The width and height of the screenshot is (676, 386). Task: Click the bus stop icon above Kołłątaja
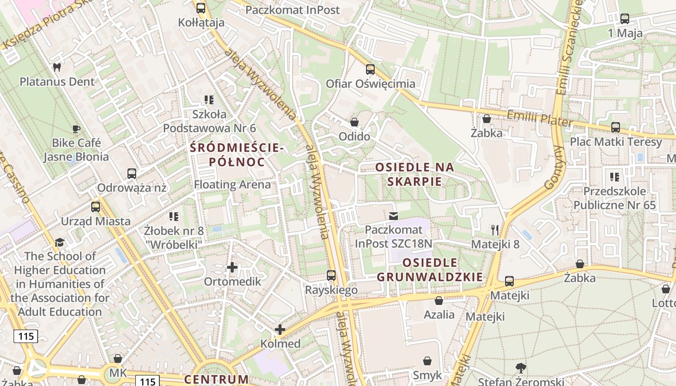click(x=201, y=8)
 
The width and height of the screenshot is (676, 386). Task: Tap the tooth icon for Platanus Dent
click(x=56, y=68)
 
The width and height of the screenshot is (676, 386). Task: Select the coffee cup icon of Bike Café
click(x=76, y=129)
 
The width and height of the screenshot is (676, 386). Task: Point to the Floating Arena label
click(x=232, y=185)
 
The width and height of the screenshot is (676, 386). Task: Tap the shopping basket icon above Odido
click(x=354, y=122)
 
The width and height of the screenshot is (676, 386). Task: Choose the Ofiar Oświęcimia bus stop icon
click(x=370, y=69)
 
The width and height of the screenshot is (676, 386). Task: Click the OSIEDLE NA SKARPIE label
click(x=415, y=174)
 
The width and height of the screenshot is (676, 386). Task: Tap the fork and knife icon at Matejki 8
click(x=495, y=230)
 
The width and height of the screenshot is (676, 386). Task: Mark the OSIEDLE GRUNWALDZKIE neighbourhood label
click(x=430, y=270)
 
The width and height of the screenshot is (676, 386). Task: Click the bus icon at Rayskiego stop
click(x=331, y=276)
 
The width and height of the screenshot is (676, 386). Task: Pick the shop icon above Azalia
click(x=439, y=301)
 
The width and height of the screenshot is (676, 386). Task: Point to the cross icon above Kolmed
click(x=280, y=330)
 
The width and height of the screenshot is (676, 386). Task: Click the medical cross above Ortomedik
click(x=232, y=267)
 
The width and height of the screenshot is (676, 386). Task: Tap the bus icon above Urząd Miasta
click(x=96, y=207)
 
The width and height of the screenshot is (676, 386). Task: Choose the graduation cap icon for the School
click(x=59, y=242)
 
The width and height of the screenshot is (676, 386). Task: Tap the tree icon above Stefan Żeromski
click(x=521, y=368)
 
